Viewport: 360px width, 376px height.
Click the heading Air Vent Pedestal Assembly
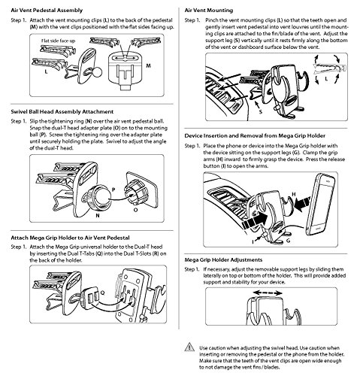pos(47,11)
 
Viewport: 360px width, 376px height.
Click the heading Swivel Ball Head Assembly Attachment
pos(62,111)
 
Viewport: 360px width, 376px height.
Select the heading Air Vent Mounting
pos(209,11)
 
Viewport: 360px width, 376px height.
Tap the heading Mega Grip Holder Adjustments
pos(223,259)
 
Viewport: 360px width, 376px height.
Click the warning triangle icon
pos(189,347)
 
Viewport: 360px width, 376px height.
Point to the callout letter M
pos(149,65)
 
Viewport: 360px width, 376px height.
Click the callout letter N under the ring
pos(98,215)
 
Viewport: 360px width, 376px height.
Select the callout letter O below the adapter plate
pos(135,210)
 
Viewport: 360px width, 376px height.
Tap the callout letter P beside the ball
pos(113,190)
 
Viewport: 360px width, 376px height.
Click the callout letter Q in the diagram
pos(102,293)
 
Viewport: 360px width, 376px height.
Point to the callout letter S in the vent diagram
pos(261,112)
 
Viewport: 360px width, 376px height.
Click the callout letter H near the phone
pos(294,194)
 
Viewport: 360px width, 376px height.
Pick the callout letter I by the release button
pos(253,241)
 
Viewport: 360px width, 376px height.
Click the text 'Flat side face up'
pos(58,41)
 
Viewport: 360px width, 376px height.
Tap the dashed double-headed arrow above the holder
pos(268,293)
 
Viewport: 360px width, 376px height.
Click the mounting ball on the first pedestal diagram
pos(98,72)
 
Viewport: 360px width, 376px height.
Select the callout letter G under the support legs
pos(289,241)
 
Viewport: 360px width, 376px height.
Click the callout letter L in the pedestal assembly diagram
pos(46,72)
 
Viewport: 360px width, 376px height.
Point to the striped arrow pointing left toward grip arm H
pos(302,204)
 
